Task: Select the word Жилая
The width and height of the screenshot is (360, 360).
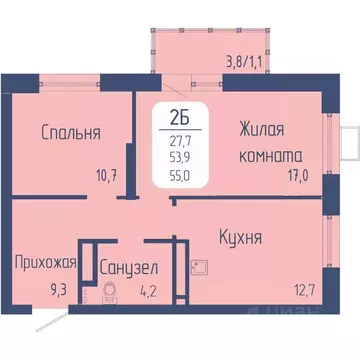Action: pyautogui.click(x=262, y=129)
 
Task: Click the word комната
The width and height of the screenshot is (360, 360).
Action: pyautogui.click(x=272, y=156)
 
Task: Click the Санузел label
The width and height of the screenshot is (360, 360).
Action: pyautogui.click(x=127, y=268)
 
